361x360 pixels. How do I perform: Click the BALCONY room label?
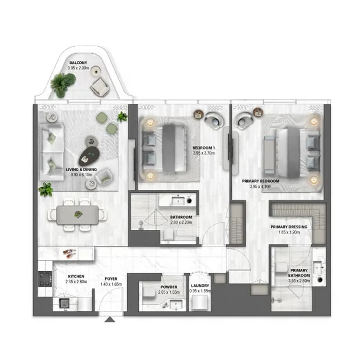coord(78,63)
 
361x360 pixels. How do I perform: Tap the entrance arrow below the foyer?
coord(110,320)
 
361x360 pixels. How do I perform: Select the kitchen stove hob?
coord(45,279)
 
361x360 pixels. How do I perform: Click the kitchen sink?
coord(64,303)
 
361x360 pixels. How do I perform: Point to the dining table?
coord(78,215)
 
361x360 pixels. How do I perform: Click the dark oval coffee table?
coord(89,156)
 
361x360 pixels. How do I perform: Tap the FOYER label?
coord(111,279)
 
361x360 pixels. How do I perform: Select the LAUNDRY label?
coord(200,286)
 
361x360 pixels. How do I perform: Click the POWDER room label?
coord(169,287)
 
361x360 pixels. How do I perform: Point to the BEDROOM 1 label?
coord(204,148)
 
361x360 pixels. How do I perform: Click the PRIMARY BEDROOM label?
coord(261,181)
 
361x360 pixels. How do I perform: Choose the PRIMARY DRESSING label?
coord(289,227)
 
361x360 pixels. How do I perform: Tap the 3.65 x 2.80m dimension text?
coord(299,281)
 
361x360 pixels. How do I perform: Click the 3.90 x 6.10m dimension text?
coord(81,175)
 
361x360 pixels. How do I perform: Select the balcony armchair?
coord(100,87)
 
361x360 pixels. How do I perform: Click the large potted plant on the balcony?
coord(63,84)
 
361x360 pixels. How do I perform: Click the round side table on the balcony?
coord(96,71)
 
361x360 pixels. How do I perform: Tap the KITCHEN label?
coord(76,276)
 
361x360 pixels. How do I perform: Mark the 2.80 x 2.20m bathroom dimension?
coord(181,222)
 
